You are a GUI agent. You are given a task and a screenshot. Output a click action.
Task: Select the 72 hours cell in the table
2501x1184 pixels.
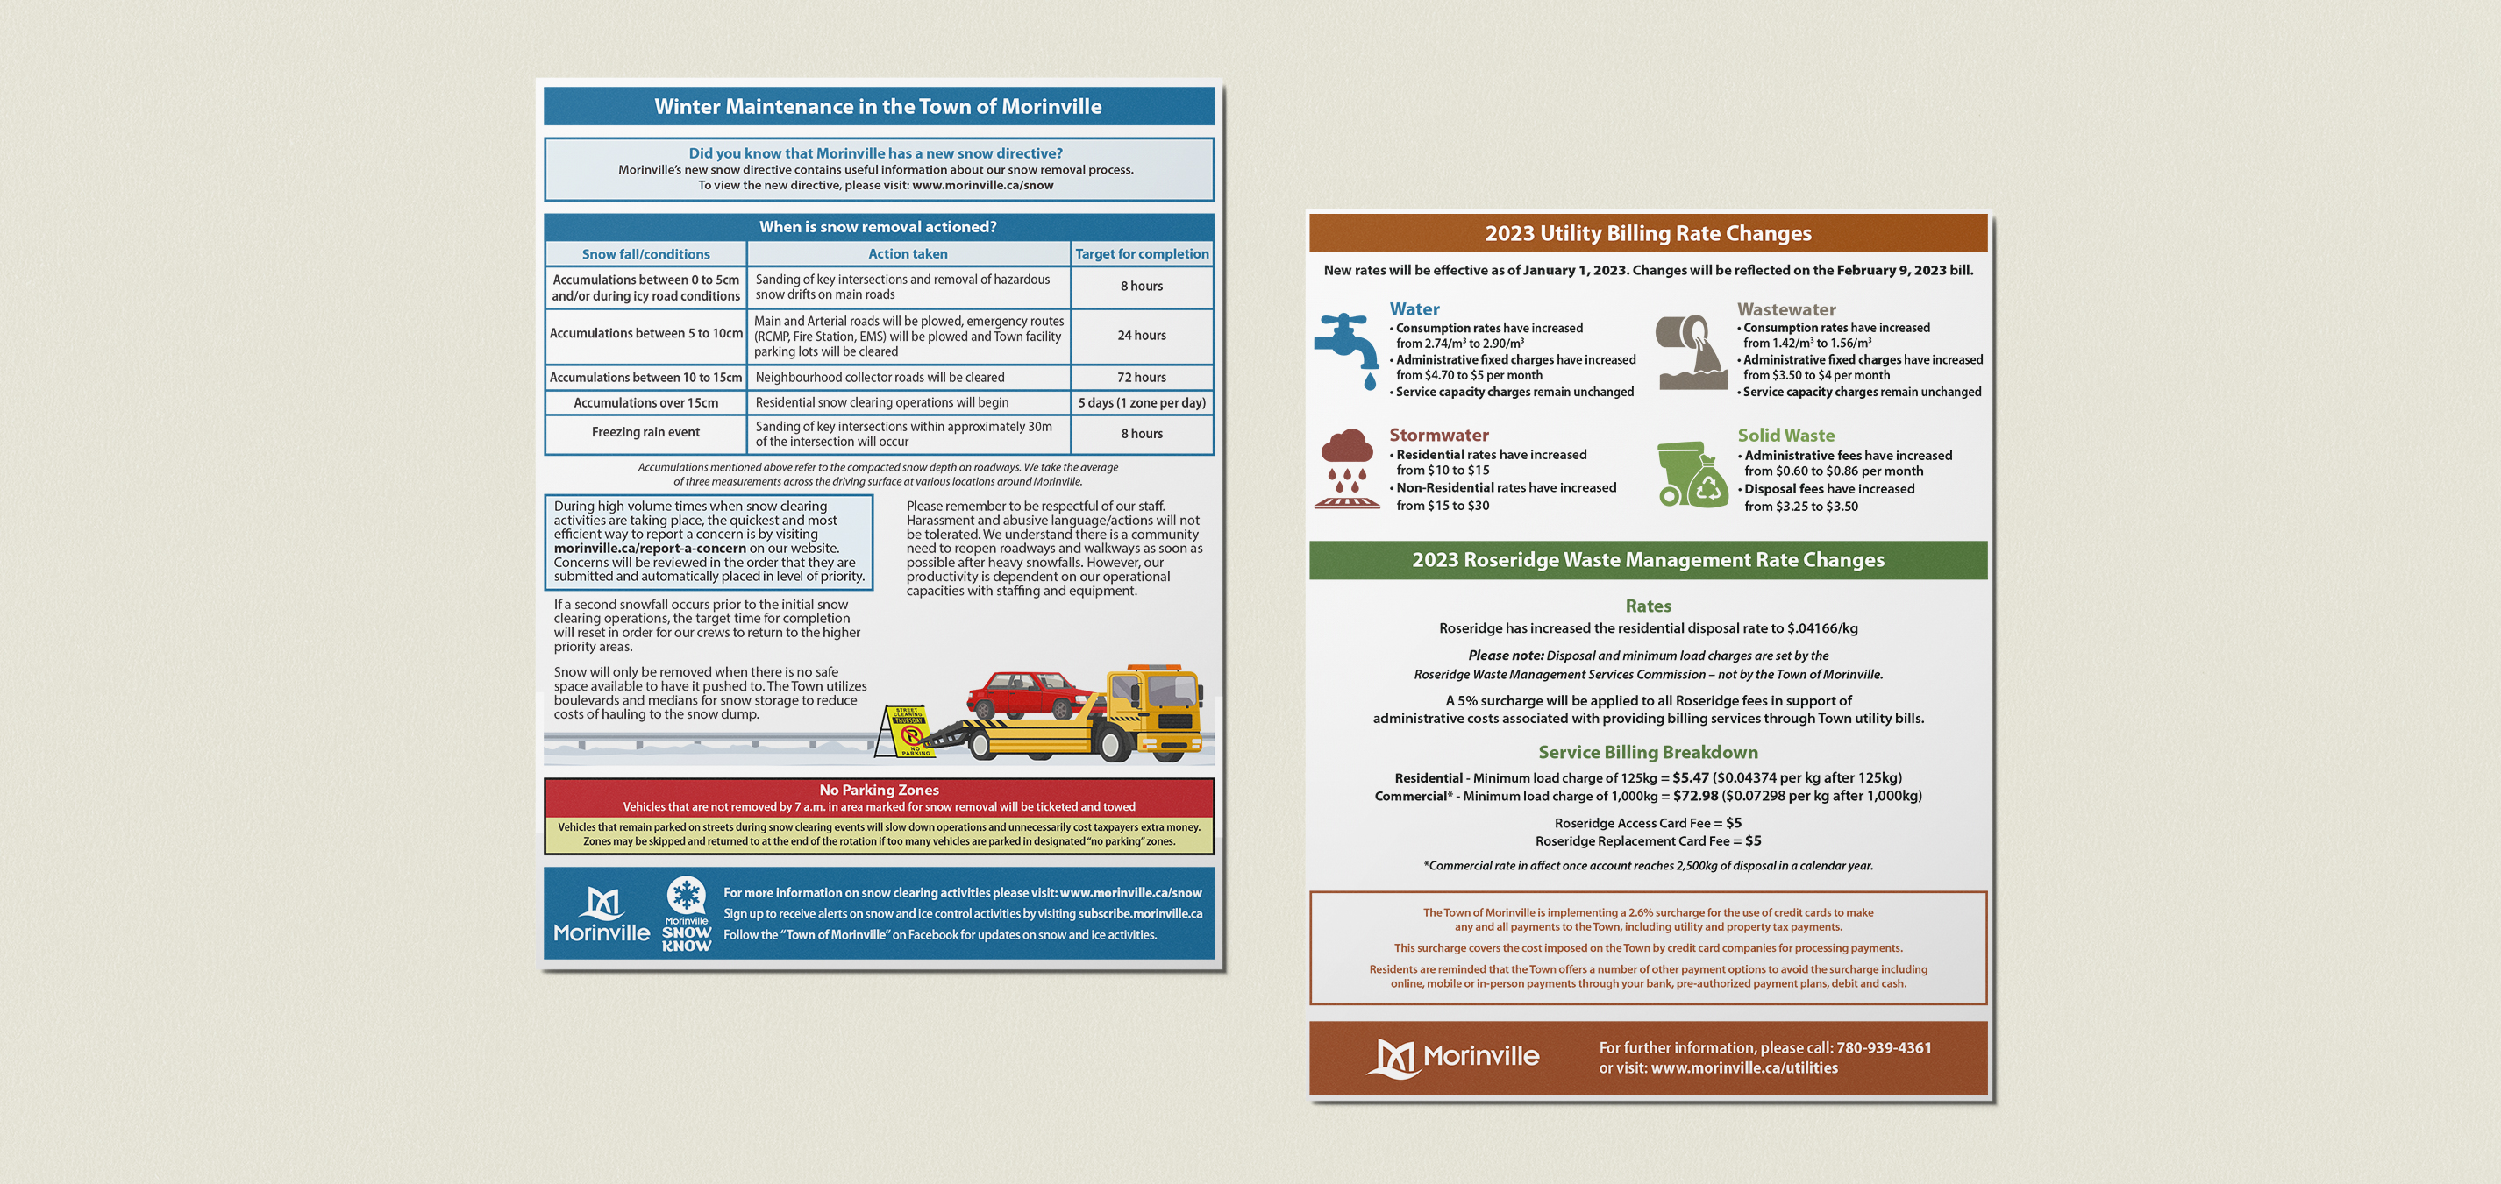(x=1141, y=378)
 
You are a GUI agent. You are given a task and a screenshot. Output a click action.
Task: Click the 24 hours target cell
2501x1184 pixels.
(x=1141, y=335)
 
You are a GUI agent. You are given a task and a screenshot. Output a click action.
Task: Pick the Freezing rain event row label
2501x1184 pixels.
(x=645, y=433)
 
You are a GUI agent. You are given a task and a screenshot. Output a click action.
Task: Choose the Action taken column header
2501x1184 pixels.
(x=908, y=254)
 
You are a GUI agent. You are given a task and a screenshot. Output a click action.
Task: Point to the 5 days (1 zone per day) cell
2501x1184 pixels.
(x=1141, y=403)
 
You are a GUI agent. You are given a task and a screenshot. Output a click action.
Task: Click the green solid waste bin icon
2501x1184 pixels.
(x=1692, y=475)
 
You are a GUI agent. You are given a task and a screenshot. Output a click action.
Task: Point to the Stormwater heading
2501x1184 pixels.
(x=1438, y=436)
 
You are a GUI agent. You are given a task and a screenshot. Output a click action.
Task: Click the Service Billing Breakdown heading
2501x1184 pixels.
(x=1648, y=752)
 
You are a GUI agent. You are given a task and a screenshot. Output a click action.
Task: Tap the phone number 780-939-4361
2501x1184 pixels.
(x=1883, y=1048)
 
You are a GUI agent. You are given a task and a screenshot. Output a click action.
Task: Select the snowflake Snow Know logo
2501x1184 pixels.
(x=687, y=913)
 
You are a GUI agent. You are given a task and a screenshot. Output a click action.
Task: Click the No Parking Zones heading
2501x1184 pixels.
(x=879, y=790)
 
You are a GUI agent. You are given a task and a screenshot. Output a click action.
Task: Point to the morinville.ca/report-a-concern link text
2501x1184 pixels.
(x=650, y=549)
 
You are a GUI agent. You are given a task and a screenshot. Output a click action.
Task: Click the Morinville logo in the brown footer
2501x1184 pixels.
(x=1452, y=1057)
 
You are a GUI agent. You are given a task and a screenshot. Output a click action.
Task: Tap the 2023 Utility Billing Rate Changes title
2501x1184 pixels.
(x=1648, y=234)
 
